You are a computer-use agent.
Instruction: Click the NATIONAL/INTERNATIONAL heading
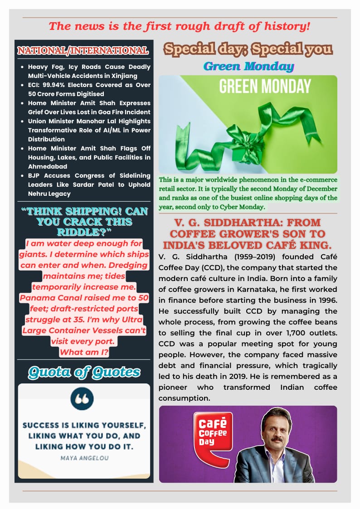pos(83,50)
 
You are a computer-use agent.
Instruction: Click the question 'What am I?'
pos(84,352)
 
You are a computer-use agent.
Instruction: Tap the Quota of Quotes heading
pos(84,373)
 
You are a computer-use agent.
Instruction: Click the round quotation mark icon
pos(82,399)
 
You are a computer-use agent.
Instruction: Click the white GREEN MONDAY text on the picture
pos(265,86)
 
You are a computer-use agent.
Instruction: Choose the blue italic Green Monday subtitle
pos(248,66)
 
